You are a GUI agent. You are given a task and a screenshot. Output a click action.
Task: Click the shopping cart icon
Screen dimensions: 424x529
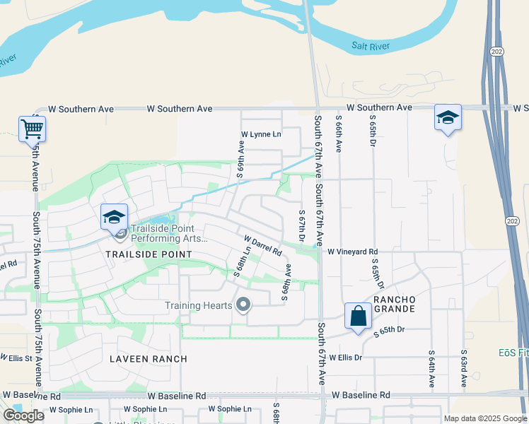[32, 129]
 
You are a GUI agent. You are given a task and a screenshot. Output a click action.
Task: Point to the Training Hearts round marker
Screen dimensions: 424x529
[244, 305]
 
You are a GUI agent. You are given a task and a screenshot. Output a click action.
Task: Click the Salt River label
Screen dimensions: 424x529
[371, 46]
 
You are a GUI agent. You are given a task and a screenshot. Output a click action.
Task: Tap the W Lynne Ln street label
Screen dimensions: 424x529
[261, 134]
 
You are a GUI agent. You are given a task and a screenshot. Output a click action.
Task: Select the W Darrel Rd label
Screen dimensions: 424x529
[263, 246]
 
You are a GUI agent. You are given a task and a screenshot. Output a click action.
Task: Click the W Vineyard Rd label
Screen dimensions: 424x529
[352, 252]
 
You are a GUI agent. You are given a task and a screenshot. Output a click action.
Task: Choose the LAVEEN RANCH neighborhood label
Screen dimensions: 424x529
[149, 359]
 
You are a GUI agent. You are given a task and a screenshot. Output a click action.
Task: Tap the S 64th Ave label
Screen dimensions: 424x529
[431, 368]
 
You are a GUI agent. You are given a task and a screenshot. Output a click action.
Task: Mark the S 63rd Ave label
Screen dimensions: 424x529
[464, 368]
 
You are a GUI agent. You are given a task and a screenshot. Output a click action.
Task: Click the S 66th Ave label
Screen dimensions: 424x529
[339, 134]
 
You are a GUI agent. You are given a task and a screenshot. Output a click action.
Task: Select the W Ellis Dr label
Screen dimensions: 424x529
[345, 358]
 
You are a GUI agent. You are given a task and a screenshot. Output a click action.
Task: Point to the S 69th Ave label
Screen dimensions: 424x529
[241, 157]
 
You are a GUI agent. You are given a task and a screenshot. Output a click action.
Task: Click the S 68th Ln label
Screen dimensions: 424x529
[243, 261]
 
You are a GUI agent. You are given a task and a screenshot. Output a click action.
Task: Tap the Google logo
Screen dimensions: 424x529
[23, 416]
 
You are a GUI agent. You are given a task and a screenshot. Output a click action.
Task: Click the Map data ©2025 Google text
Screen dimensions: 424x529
[485, 418]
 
